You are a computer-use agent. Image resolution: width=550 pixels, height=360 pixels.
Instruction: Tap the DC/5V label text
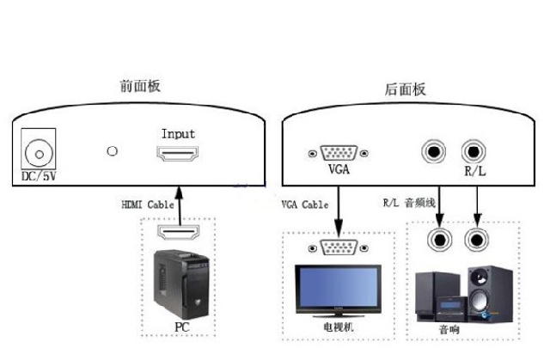(38, 177)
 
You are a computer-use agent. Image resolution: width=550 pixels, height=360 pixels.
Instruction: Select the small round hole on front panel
(111, 152)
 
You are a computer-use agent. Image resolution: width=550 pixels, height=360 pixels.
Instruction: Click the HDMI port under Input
(178, 155)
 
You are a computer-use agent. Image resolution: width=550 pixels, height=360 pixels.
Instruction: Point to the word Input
(178, 134)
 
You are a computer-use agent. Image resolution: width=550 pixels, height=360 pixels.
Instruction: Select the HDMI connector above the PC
(178, 232)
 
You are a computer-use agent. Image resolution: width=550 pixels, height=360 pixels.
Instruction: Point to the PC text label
(181, 326)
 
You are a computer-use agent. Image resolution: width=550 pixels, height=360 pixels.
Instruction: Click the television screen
(337, 289)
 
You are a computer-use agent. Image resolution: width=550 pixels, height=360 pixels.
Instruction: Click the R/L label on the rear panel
(474, 171)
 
